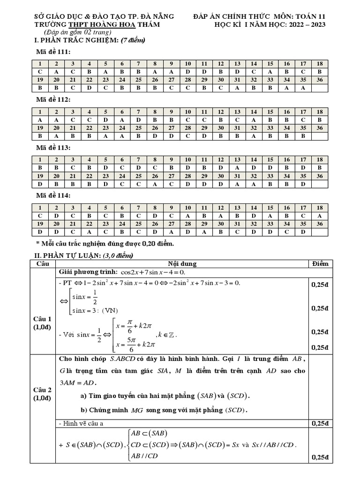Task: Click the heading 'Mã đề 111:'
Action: tap(54, 52)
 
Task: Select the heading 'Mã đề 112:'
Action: tap(54, 100)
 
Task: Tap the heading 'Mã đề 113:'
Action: tap(54, 148)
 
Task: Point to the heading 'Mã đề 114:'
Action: tap(54, 195)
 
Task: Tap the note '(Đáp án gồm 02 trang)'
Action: tap(77, 32)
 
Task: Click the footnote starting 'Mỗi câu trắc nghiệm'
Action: tap(107, 244)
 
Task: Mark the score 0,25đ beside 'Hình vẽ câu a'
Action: tap(320, 424)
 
